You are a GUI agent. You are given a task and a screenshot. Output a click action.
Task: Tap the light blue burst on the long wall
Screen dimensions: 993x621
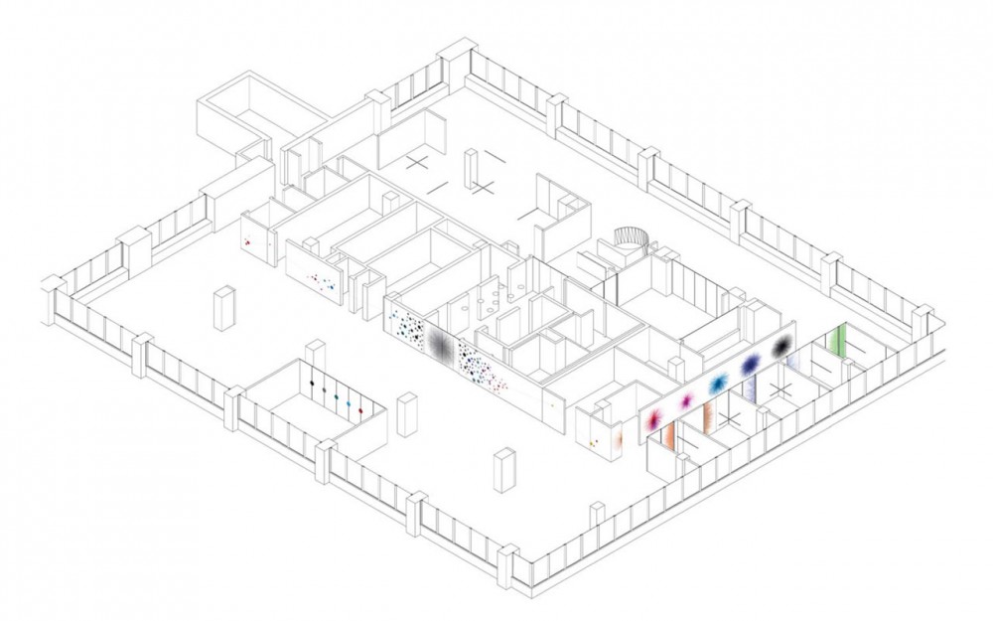pos(718,383)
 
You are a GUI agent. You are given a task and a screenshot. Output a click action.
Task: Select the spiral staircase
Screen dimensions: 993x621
pos(631,239)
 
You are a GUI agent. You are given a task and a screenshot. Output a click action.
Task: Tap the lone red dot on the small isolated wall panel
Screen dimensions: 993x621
pos(247,241)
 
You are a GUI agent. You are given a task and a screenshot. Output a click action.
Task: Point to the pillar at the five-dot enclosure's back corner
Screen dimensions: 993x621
pos(316,351)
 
